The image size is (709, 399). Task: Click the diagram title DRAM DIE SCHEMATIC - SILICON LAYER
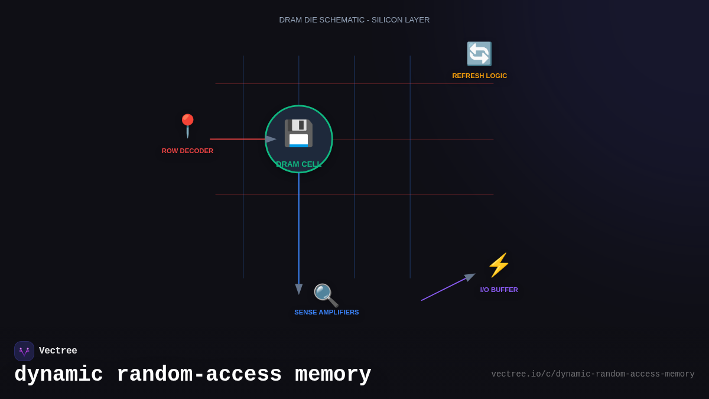click(354, 20)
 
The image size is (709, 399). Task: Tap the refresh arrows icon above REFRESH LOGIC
click(479, 54)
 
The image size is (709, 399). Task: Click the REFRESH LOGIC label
click(479, 76)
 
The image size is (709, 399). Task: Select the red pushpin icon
click(187, 125)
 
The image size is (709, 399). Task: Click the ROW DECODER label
click(187, 151)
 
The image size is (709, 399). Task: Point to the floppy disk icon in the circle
click(298, 133)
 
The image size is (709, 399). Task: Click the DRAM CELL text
click(298, 164)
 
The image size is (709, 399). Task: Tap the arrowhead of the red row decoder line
click(271, 139)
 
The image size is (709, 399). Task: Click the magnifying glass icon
click(326, 295)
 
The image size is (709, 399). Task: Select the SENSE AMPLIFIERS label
click(326, 312)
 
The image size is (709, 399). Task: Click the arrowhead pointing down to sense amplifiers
click(299, 288)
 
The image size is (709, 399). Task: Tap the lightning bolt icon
click(499, 265)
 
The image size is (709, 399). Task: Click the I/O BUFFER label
click(499, 290)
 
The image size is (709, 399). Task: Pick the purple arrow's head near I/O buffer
click(470, 277)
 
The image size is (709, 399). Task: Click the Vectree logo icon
click(24, 351)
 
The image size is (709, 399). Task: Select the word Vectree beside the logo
click(58, 351)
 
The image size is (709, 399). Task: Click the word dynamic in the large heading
click(58, 375)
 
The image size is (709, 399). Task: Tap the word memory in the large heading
click(333, 375)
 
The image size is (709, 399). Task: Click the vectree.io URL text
click(593, 374)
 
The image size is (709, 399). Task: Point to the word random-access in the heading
click(199, 375)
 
